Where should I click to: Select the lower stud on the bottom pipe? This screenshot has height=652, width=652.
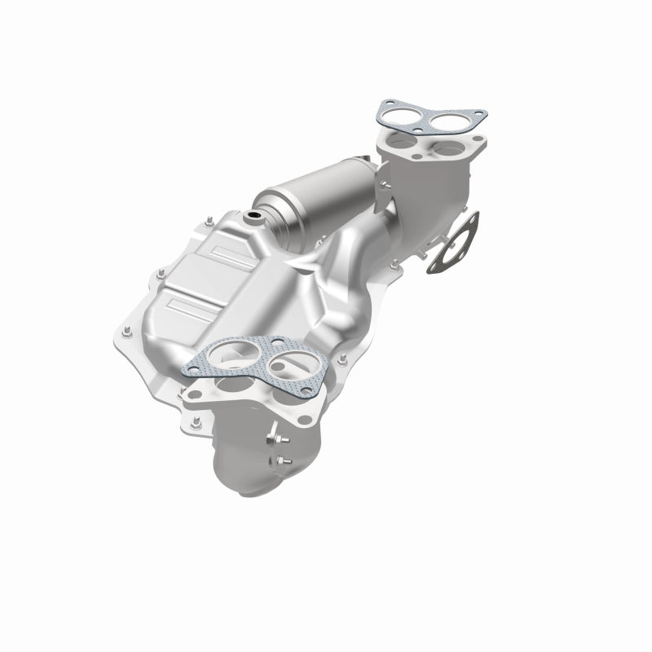tap(284, 462)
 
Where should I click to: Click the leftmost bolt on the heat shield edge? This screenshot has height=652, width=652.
tap(126, 333)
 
